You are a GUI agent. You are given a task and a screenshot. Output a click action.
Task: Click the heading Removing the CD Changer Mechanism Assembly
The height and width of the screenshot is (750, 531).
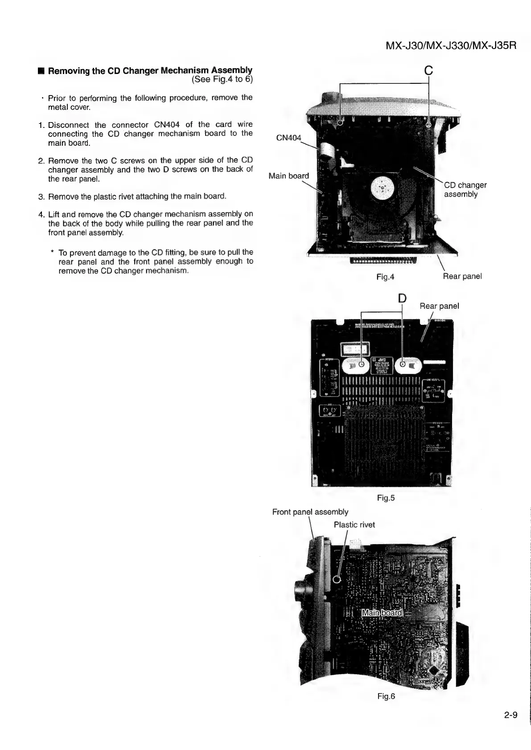tap(150, 70)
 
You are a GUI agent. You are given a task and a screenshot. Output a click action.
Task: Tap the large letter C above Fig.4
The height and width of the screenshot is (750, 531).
tap(428, 70)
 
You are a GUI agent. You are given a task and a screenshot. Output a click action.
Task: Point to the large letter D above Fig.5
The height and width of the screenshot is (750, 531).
tap(402, 298)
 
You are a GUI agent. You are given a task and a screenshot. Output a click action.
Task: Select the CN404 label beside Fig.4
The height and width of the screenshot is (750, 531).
tap(288, 138)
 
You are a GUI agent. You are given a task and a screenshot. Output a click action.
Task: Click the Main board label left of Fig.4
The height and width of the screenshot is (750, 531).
tap(288, 176)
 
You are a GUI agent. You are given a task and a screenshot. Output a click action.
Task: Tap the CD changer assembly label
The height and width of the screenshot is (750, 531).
tap(465, 189)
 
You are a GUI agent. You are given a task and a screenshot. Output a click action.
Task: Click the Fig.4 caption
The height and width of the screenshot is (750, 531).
tap(385, 277)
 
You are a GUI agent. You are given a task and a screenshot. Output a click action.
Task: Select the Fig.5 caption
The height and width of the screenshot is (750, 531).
tap(386, 498)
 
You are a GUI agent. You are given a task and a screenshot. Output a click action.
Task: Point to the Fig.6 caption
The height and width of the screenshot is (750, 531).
tap(386, 697)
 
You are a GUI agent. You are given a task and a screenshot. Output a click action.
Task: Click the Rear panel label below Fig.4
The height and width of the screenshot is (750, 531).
tap(462, 276)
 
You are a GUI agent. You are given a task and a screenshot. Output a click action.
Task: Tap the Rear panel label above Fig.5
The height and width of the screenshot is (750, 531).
tap(439, 306)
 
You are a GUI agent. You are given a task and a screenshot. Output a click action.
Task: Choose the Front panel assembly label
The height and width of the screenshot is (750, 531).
tap(310, 512)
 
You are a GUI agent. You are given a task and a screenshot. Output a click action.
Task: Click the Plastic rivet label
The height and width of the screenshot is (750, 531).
tap(354, 525)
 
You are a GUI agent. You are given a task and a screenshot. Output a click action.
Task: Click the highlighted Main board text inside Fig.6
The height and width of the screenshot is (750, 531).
tap(382, 613)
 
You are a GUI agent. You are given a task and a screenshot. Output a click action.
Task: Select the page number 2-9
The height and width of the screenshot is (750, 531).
tap(510, 715)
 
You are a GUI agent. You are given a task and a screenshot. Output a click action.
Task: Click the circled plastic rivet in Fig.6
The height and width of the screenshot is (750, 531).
tap(338, 579)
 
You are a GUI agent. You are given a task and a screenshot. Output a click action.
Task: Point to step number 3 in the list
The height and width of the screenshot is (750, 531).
tap(41, 197)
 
